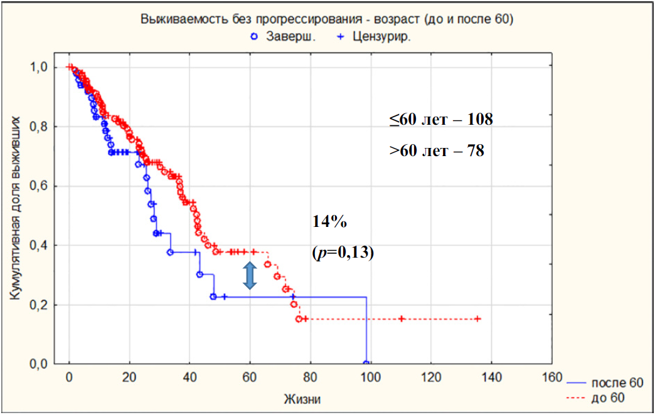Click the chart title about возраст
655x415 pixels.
(x=327, y=19)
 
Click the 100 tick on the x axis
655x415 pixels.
(x=370, y=379)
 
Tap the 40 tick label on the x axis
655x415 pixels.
(x=189, y=379)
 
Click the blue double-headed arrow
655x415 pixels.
(x=250, y=276)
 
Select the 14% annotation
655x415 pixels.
(x=325, y=221)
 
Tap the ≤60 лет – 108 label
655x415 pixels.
(x=440, y=120)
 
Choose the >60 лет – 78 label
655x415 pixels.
(x=436, y=150)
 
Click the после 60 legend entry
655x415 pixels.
(x=606, y=382)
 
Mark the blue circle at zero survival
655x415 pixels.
(x=366, y=364)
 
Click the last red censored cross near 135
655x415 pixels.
(x=478, y=319)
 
